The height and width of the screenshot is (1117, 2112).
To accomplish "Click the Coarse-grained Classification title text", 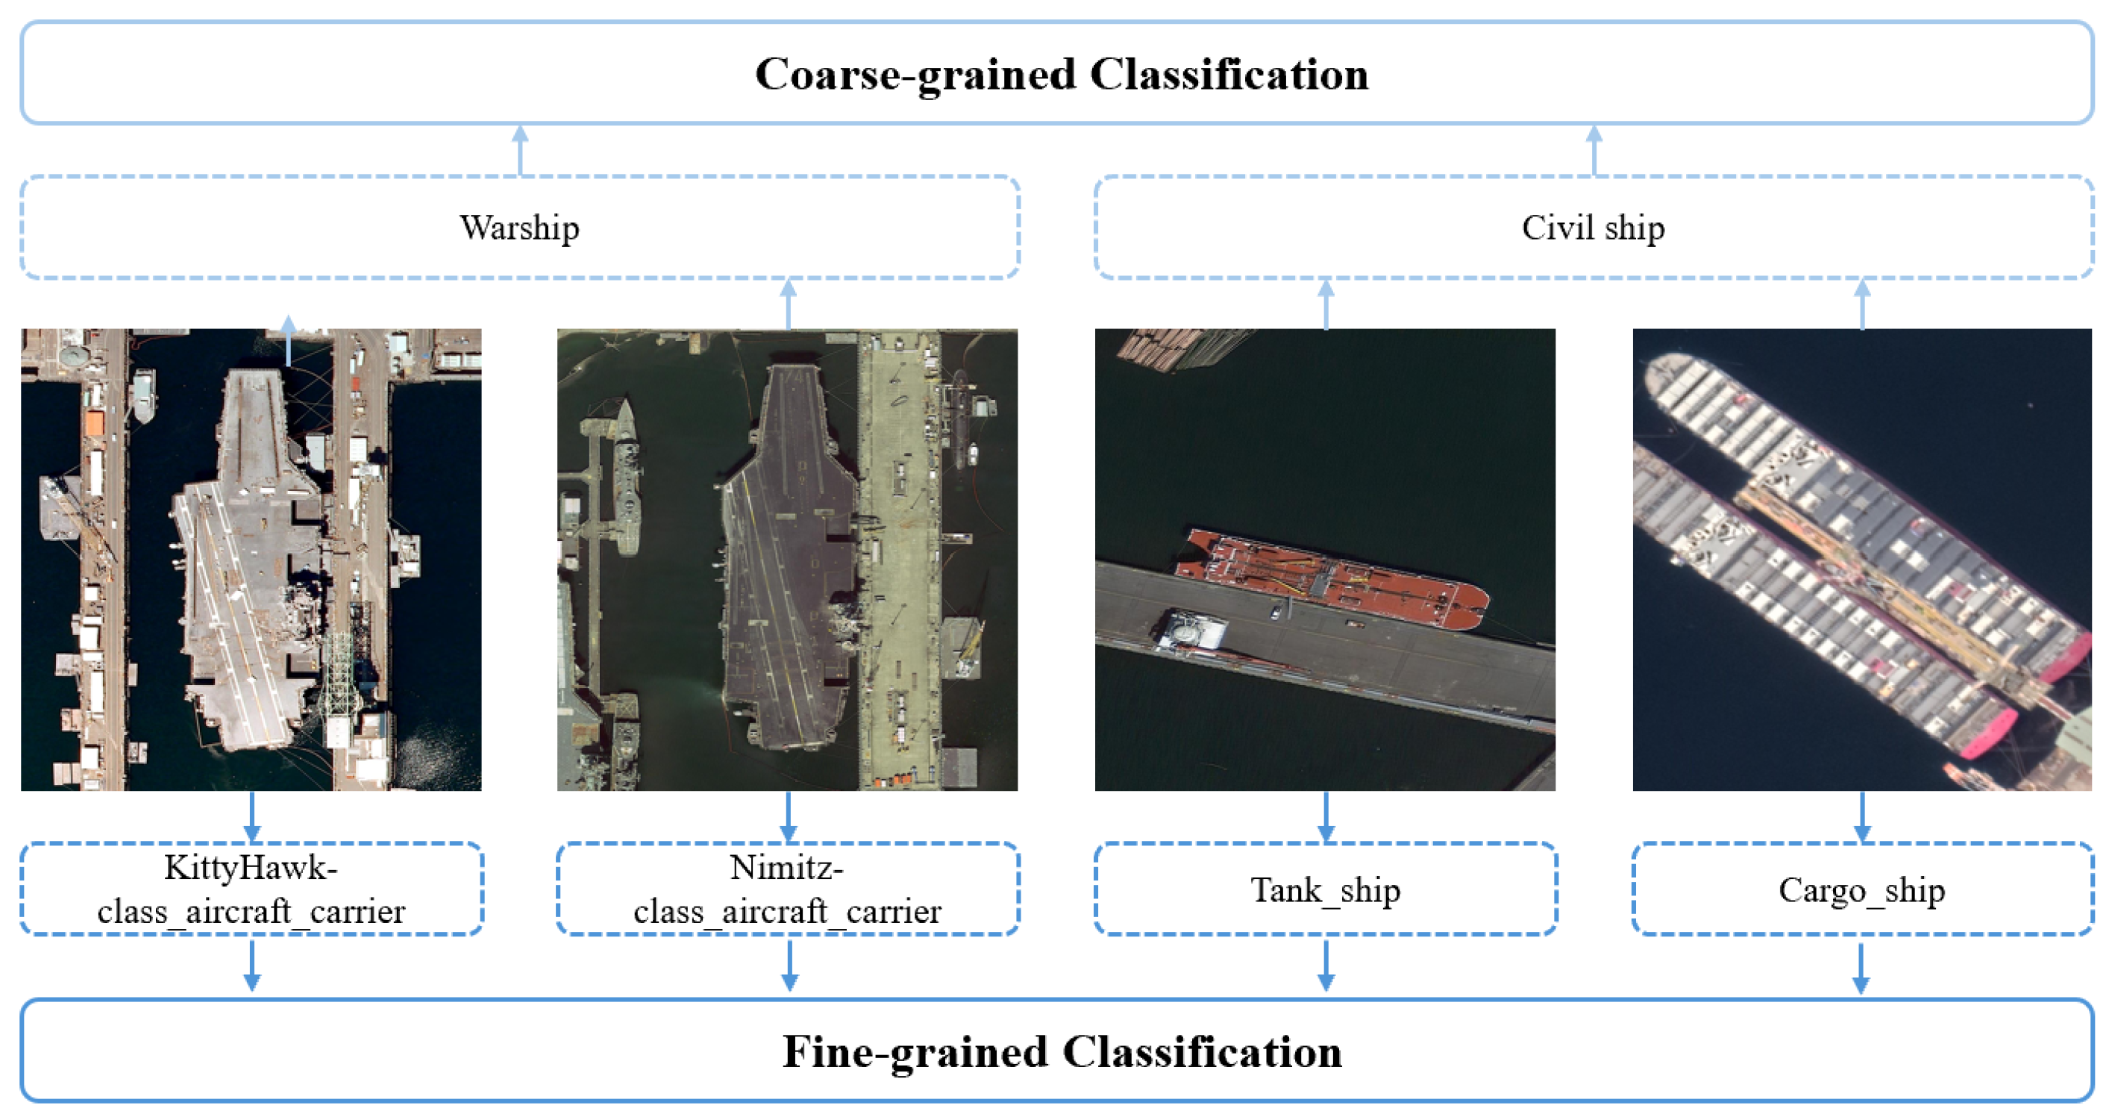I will (x=1061, y=75).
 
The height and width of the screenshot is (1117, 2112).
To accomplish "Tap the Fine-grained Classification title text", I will (x=1061, y=1051).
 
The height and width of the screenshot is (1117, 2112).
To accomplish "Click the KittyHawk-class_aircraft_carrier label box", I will (x=251, y=889).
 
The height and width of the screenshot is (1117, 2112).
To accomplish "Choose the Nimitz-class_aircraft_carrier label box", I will (x=787, y=889).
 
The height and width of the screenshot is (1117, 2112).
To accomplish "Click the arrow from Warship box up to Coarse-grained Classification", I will (x=520, y=149).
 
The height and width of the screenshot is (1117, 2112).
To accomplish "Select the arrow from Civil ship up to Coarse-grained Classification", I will (x=1593, y=149).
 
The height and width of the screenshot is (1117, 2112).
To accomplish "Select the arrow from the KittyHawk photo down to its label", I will (x=251, y=816).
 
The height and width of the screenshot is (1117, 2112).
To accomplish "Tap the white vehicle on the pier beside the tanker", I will (x=1276, y=611).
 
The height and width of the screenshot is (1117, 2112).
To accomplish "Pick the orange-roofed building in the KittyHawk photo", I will (x=94, y=422).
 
